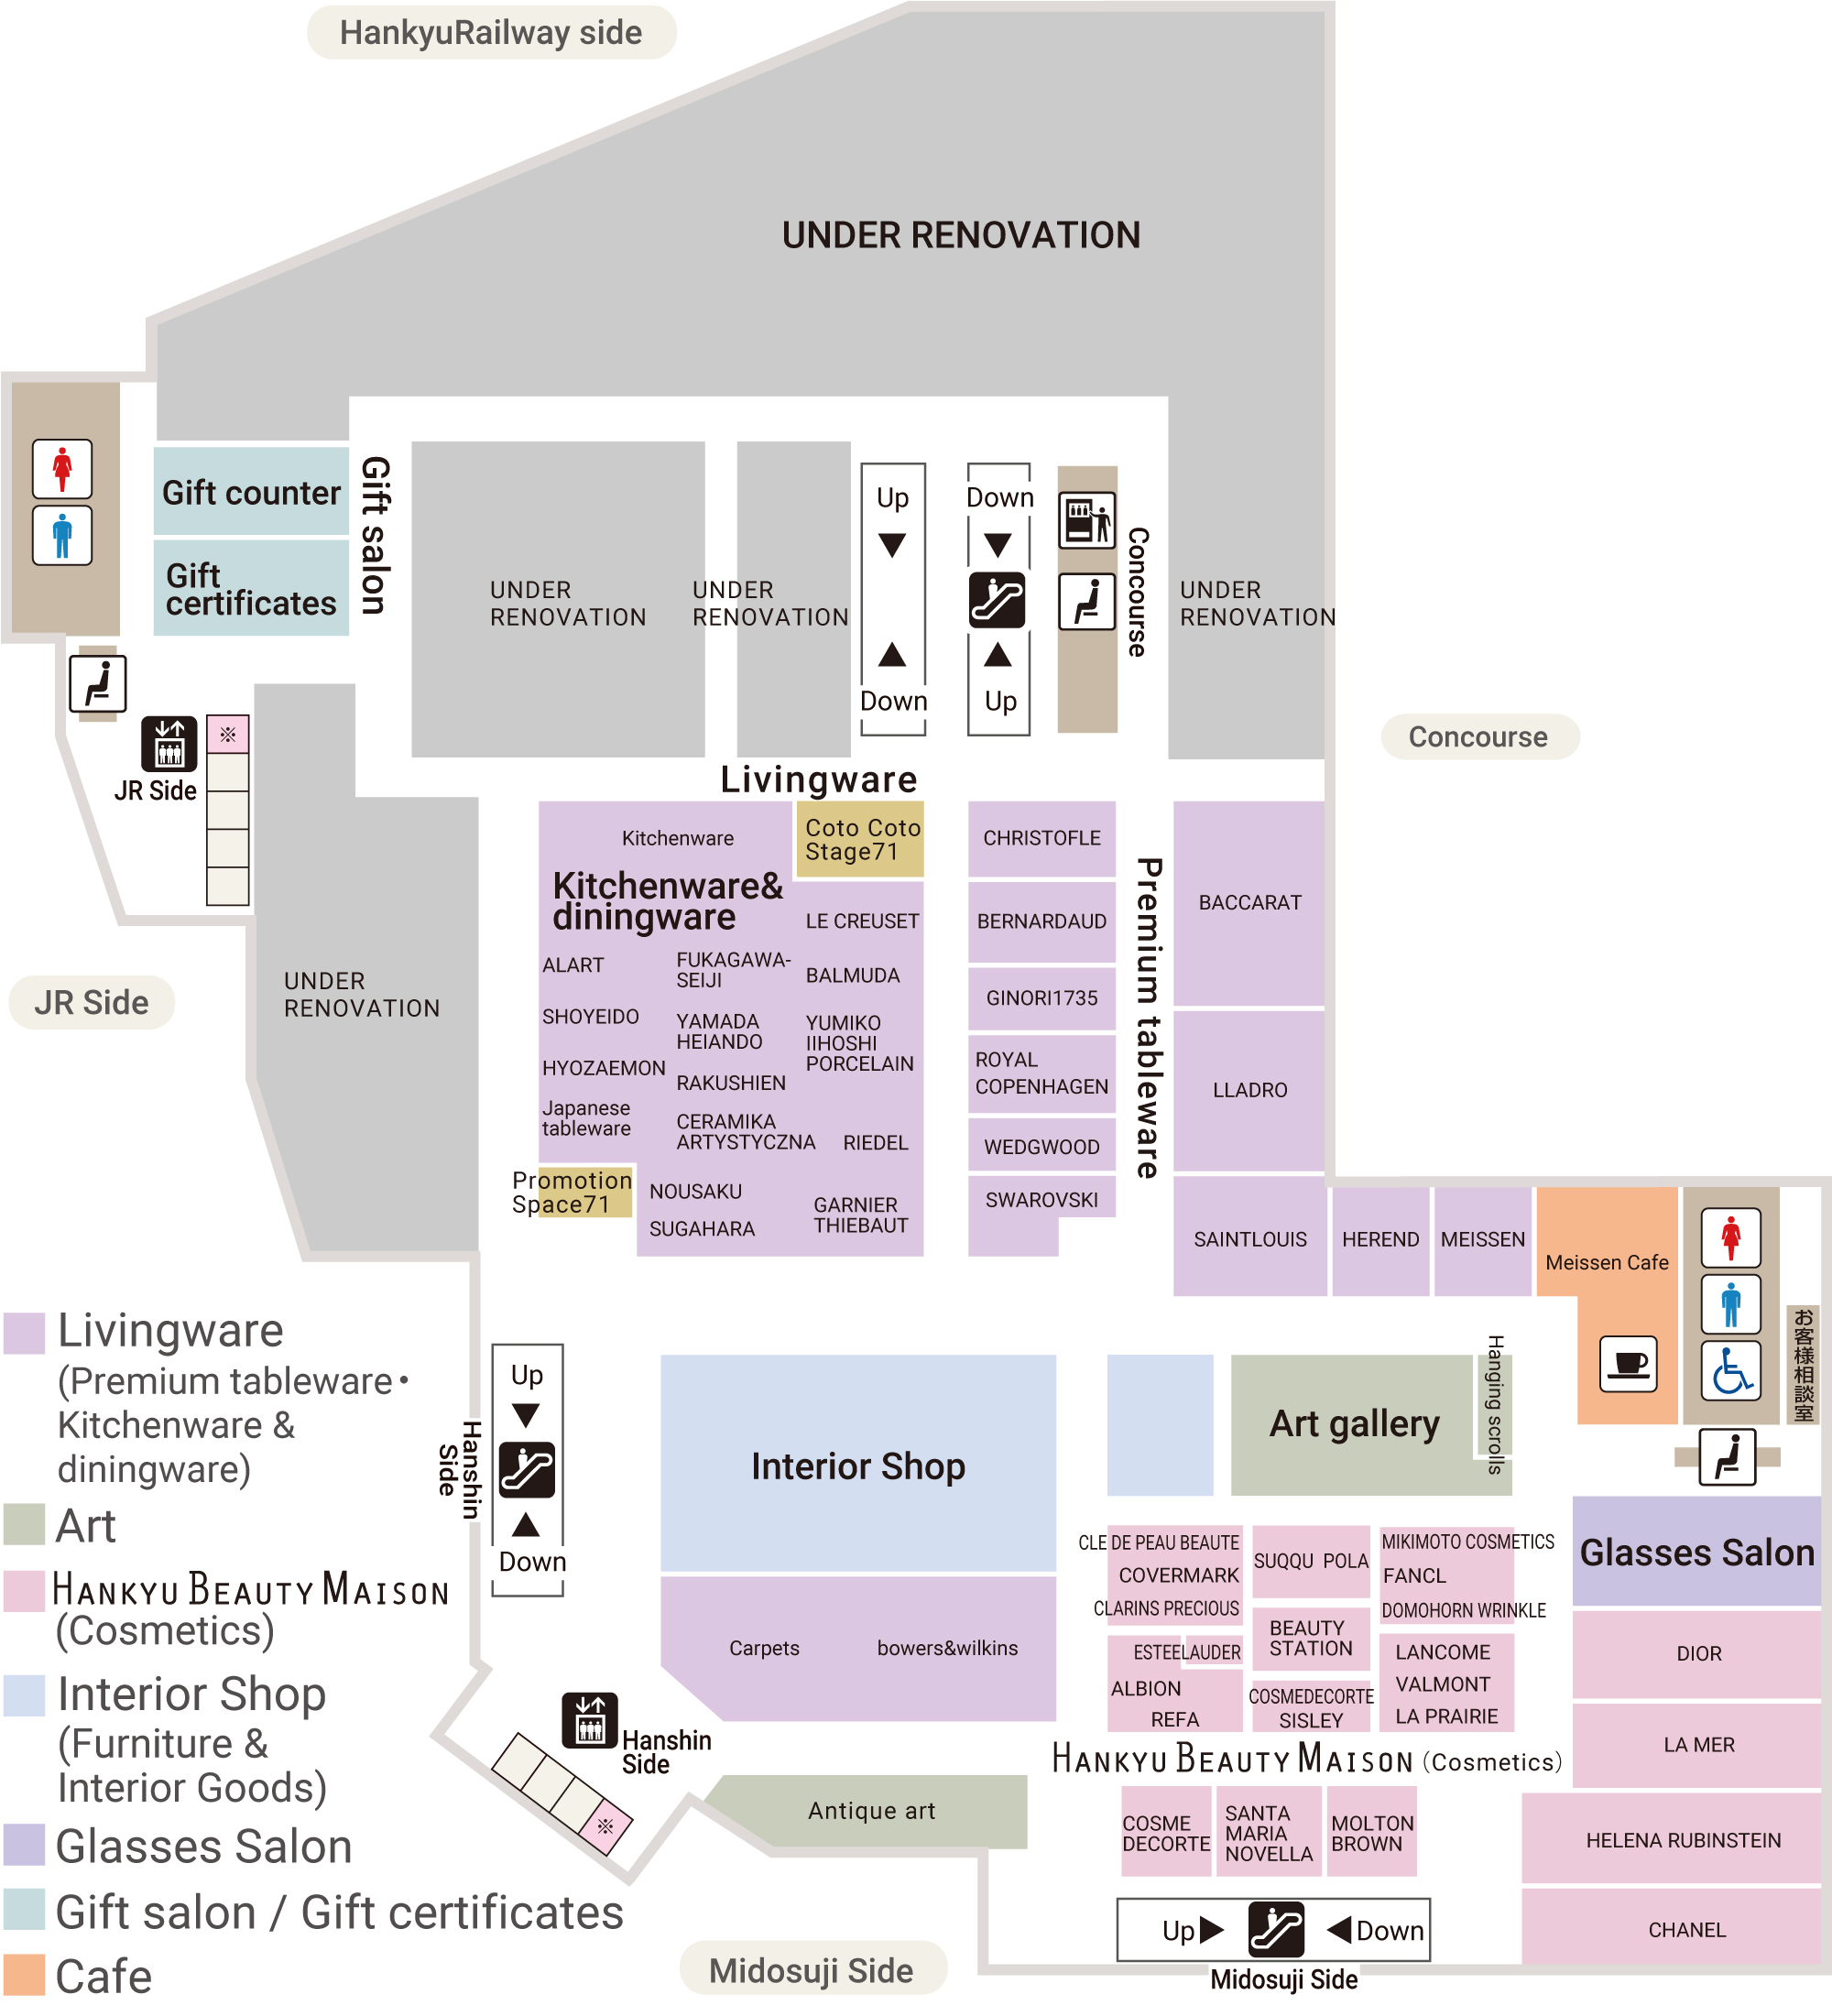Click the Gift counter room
tap(251, 491)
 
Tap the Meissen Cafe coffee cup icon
tap(1628, 1364)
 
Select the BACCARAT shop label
tap(1249, 903)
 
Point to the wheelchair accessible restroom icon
tap(1730, 1370)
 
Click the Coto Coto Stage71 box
tap(860, 839)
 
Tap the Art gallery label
tap(1354, 1423)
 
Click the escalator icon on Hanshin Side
tap(527, 1469)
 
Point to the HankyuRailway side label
tap(491, 33)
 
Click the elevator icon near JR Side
tap(169, 744)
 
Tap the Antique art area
tap(869, 1811)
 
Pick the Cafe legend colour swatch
tap(24, 1975)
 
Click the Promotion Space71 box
tap(572, 1192)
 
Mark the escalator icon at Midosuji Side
tap(1275, 1931)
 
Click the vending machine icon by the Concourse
tap(1087, 519)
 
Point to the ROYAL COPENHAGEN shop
tap(1041, 1074)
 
